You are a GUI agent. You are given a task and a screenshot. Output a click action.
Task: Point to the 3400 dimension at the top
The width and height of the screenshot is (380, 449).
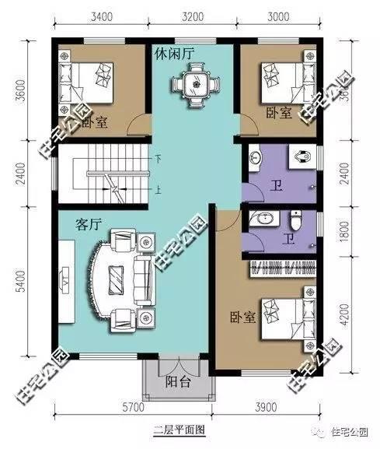coord(104,16)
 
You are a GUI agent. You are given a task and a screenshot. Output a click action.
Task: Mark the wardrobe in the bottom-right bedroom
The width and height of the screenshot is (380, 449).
coord(282,270)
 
